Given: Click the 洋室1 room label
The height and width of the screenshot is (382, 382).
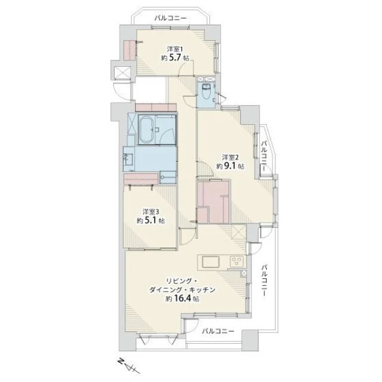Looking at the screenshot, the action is [174, 49].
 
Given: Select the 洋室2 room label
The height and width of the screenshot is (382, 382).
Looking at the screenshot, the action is [230, 157].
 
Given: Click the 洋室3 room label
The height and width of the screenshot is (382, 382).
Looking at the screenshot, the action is [150, 212].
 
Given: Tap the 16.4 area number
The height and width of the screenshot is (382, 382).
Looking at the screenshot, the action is [183, 299].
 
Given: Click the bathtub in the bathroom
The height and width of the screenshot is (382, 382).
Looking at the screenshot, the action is [146, 130].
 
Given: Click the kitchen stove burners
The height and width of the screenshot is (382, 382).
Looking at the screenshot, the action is [237, 262].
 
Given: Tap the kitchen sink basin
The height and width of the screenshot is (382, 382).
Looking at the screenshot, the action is [211, 262].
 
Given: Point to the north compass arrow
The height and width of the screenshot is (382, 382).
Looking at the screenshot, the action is [128, 366].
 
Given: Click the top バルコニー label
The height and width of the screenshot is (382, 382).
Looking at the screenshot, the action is [171, 18].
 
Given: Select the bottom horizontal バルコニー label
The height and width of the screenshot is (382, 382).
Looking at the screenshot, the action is [218, 331].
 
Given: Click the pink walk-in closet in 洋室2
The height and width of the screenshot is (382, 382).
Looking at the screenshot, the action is [213, 202].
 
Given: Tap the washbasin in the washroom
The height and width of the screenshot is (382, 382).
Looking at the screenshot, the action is [129, 159].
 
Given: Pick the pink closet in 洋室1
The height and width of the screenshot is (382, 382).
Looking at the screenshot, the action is [130, 50].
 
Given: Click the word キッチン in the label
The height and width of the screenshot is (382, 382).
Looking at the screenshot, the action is [203, 290].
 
